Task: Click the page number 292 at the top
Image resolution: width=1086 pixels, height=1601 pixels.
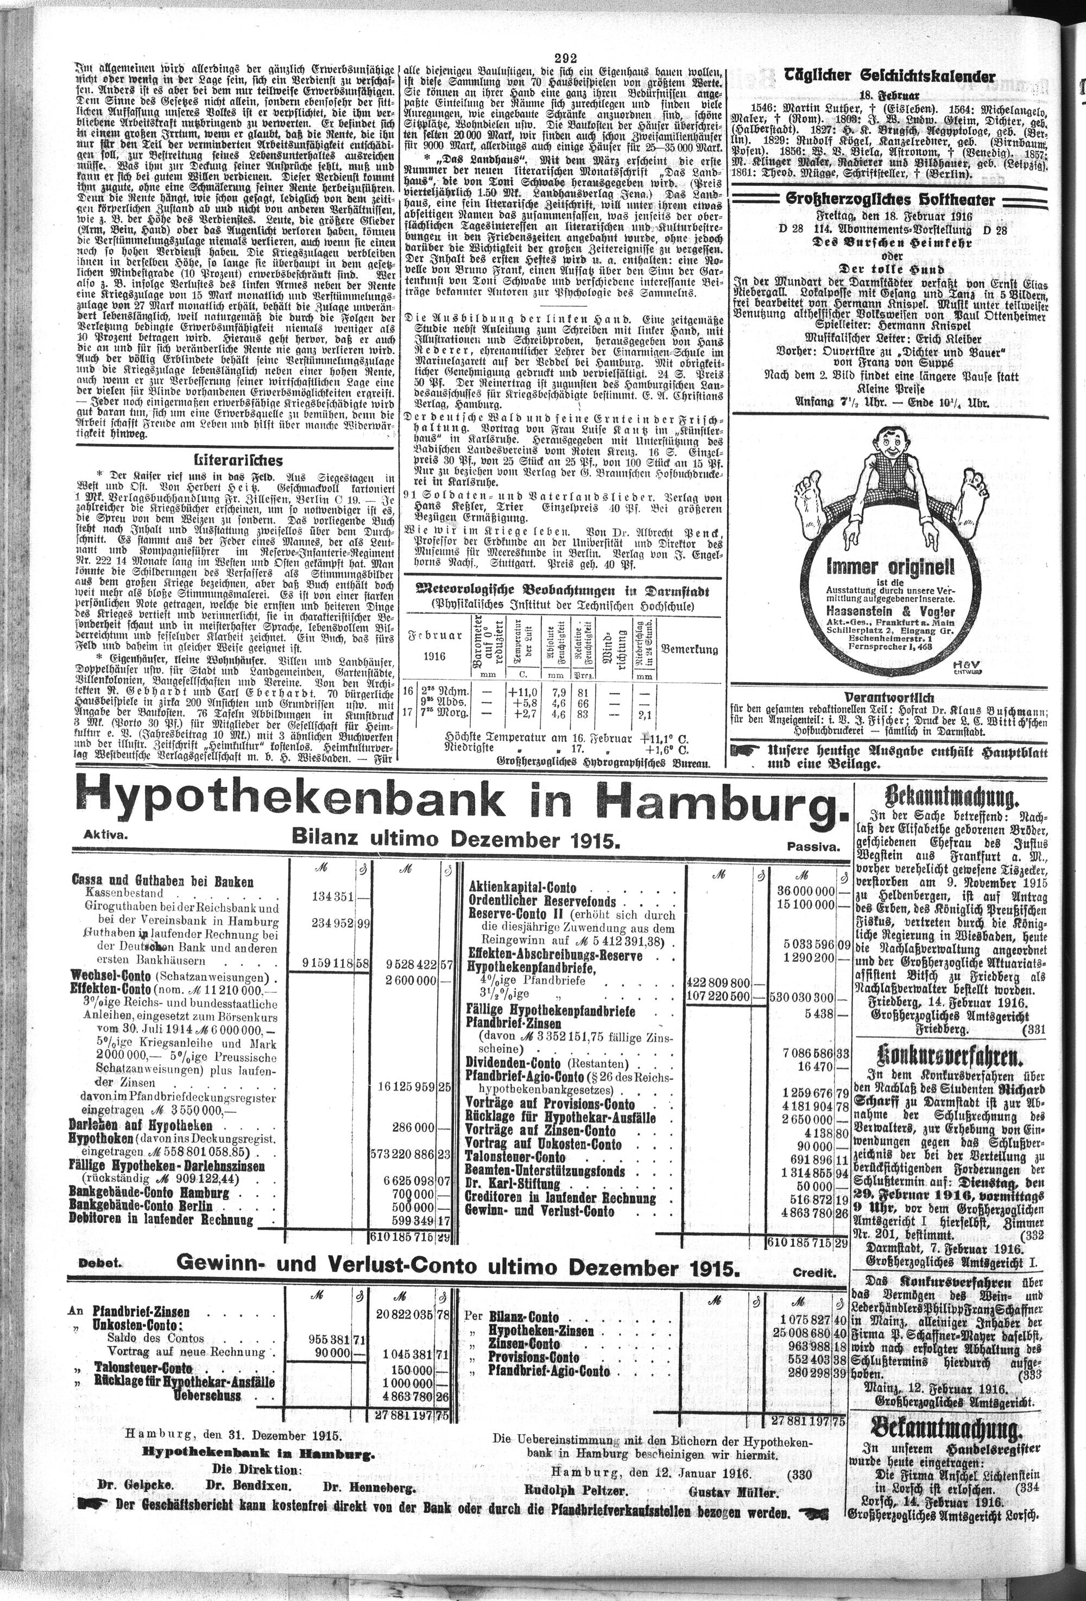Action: tap(564, 59)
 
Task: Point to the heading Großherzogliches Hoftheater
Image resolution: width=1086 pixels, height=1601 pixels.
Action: tap(891, 200)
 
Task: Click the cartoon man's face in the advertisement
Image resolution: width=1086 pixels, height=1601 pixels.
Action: tap(891, 449)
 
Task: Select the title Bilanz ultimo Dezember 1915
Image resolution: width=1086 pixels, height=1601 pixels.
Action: tap(456, 839)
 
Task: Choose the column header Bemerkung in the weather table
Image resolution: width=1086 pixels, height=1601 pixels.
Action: tap(689, 649)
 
